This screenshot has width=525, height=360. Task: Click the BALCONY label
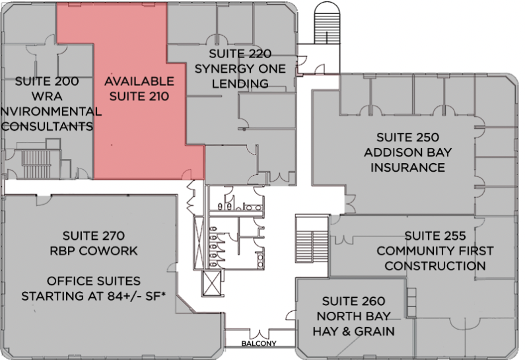(x=259, y=343)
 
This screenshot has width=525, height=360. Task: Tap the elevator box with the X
(x=212, y=283)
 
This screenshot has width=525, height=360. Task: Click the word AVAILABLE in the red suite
(x=139, y=81)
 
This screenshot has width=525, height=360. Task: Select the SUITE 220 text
(x=240, y=54)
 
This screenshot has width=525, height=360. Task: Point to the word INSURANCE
(x=407, y=167)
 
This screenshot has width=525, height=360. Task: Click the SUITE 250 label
(x=407, y=137)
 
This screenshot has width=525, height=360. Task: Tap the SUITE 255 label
(x=435, y=236)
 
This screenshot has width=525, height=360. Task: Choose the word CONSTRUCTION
(x=435, y=266)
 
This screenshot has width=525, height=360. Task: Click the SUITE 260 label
(x=353, y=301)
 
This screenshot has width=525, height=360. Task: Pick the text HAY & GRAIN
(x=353, y=331)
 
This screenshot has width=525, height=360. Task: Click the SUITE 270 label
(x=94, y=236)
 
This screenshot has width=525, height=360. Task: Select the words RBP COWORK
(x=94, y=251)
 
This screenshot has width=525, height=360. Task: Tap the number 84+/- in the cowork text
(x=124, y=296)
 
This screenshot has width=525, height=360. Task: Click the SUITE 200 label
(x=47, y=81)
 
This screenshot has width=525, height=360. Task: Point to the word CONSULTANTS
(x=47, y=126)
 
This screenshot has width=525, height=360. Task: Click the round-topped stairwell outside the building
(x=327, y=22)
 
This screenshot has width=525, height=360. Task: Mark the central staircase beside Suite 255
(x=312, y=238)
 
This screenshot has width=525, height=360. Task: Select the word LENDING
(x=240, y=83)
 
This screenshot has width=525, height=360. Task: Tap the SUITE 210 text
(x=139, y=96)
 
